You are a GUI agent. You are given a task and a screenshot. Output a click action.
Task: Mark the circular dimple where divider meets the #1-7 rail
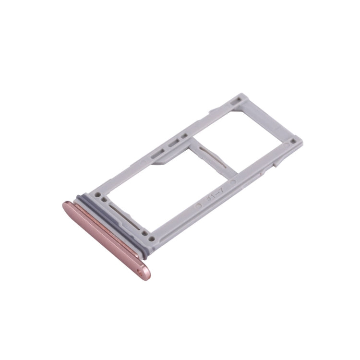pos(233,183)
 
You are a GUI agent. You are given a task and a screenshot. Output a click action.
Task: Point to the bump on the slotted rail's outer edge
pos(211,112)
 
